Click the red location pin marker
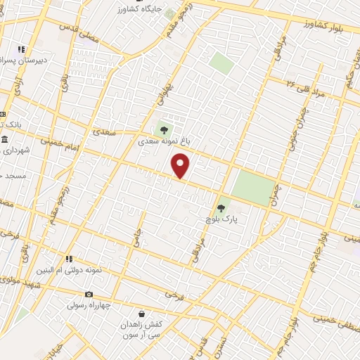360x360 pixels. [x=181, y=166]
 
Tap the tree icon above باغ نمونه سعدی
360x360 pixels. [x=164, y=129]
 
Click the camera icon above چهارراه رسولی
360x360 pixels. [x=89, y=294]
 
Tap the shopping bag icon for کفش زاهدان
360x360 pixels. [x=142, y=313]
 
